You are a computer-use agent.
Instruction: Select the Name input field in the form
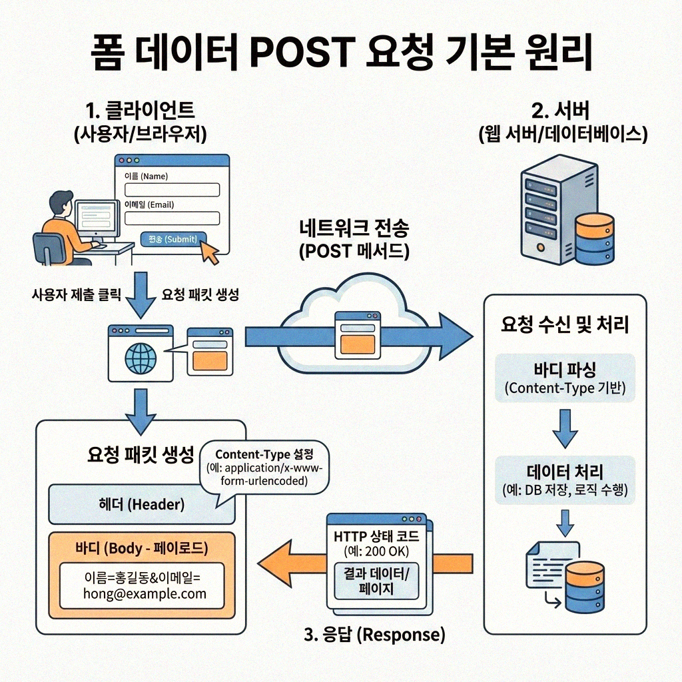tap(172, 190)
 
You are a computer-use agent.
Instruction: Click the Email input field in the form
tap(172, 218)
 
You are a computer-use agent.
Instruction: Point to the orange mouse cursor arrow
tap(210, 253)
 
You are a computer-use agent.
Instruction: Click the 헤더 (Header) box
tap(141, 505)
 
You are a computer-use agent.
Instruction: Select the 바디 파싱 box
tap(565, 378)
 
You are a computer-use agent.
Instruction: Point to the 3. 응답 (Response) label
tap(374, 635)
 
